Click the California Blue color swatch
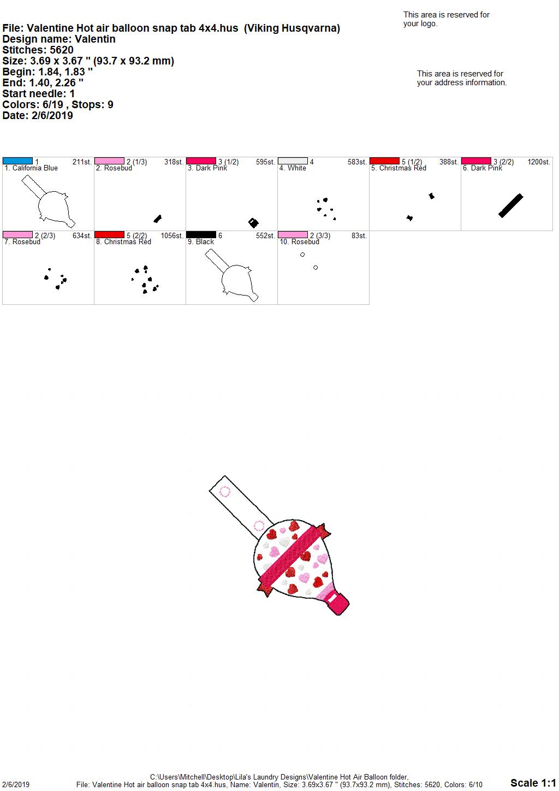click(17, 161)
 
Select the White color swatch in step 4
click(293, 161)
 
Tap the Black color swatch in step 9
click(201, 235)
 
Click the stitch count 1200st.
click(539, 162)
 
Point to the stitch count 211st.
click(82, 162)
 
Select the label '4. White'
click(293, 168)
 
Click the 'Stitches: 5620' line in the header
click(38, 50)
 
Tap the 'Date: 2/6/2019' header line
click(38, 115)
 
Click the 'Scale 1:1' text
click(533, 782)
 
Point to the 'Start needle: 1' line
click(38, 93)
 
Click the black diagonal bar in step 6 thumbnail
click(510, 205)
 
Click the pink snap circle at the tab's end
click(225, 492)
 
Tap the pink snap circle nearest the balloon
click(259, 526)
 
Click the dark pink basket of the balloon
click(337, 604)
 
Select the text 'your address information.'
click(462, 82)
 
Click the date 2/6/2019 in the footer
click(15, 784)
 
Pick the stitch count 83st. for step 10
click(359, 236)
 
